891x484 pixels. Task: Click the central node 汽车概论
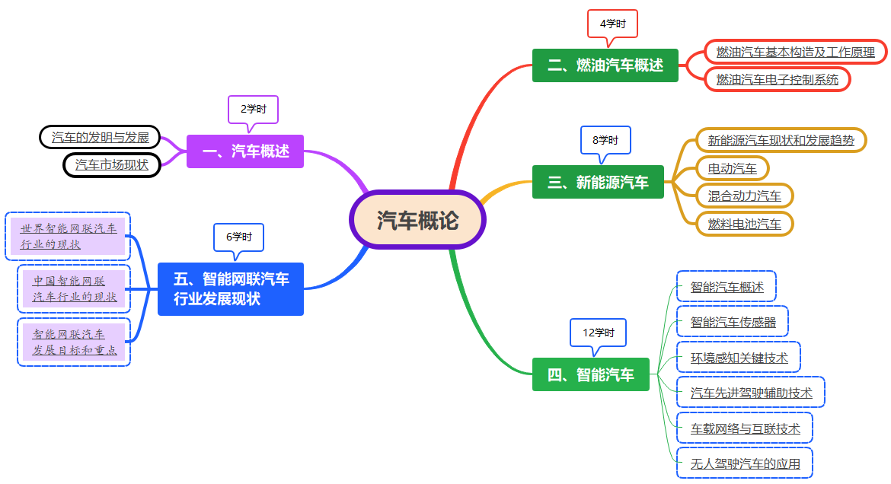click(418, 220)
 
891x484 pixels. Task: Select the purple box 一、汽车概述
click(245, 151)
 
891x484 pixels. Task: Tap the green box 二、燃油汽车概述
click(605, 65)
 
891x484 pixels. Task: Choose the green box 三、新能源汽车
click(598, 182)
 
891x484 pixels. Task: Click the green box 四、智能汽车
click(590, 374)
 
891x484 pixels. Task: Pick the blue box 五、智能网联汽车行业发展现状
click(231, 289)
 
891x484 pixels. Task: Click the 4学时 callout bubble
click(612, 24)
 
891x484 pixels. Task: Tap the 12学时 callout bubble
click(598, 333)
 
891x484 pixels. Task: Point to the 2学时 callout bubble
click(253, 109)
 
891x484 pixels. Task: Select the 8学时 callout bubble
click(605, 140)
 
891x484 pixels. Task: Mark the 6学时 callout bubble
click(238, 237)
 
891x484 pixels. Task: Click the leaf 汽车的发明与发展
click(100, 138)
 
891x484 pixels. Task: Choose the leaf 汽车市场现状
click(111, 164)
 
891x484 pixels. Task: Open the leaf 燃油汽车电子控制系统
click(777, 79)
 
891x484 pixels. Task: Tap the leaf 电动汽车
click(733, 168)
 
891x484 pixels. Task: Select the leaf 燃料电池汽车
click(744, 224)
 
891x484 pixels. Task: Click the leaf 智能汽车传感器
click(733, 322)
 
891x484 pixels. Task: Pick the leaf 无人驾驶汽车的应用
click(745, 463)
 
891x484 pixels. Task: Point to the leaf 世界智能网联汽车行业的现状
click(69, 236)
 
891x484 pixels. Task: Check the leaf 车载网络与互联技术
click(745, 428)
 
